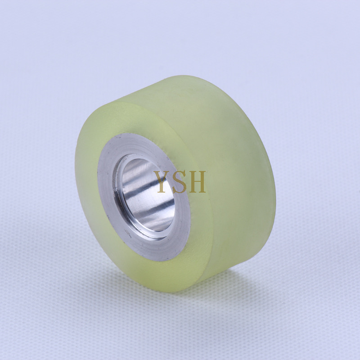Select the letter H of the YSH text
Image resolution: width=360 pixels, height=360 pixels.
coord(198,181)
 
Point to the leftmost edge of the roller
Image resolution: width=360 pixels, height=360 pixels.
coord(75,180)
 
